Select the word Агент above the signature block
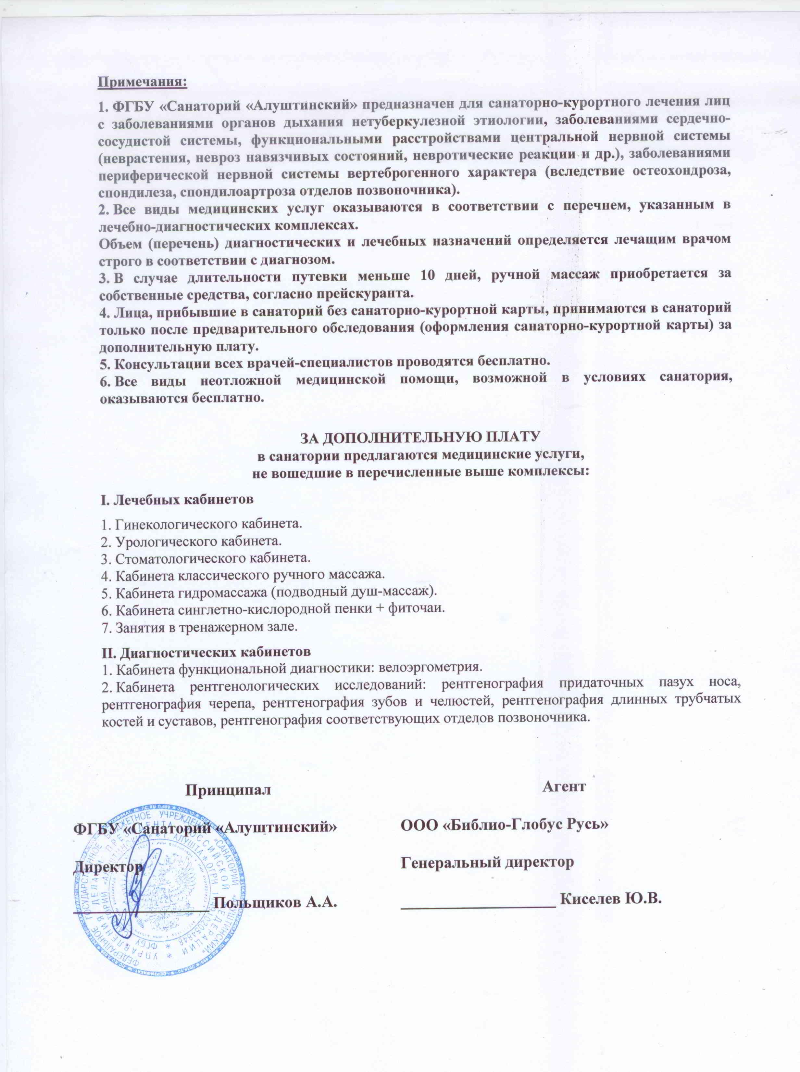pyautogui.click(x=565, y=786)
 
